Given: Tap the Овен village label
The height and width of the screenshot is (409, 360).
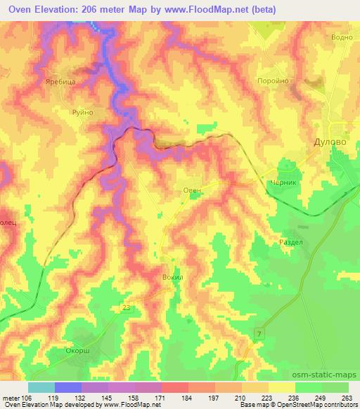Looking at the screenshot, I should pos(193,190).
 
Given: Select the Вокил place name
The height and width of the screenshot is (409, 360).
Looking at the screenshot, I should pos(173,278).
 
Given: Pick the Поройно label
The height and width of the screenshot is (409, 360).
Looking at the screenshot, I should pos(274,81).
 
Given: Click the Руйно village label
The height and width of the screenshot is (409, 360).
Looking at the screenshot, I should pos(82,112).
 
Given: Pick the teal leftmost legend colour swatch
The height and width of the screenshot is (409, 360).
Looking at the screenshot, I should pos(41,387).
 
